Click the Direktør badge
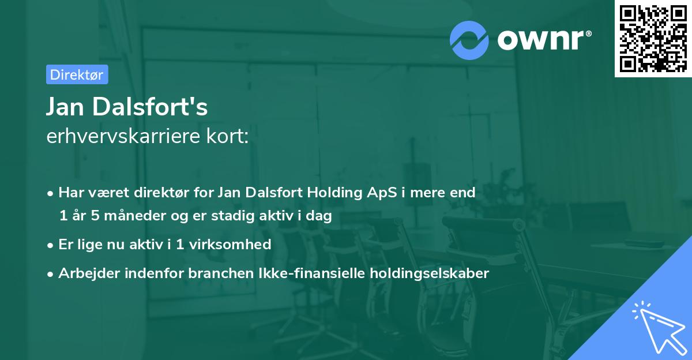(x=77, y=74)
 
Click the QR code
(x=653, y=39)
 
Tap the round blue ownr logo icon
(x=469, y=40)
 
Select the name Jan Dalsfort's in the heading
(x=127, y=107)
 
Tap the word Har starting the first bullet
(x=70, y=193)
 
